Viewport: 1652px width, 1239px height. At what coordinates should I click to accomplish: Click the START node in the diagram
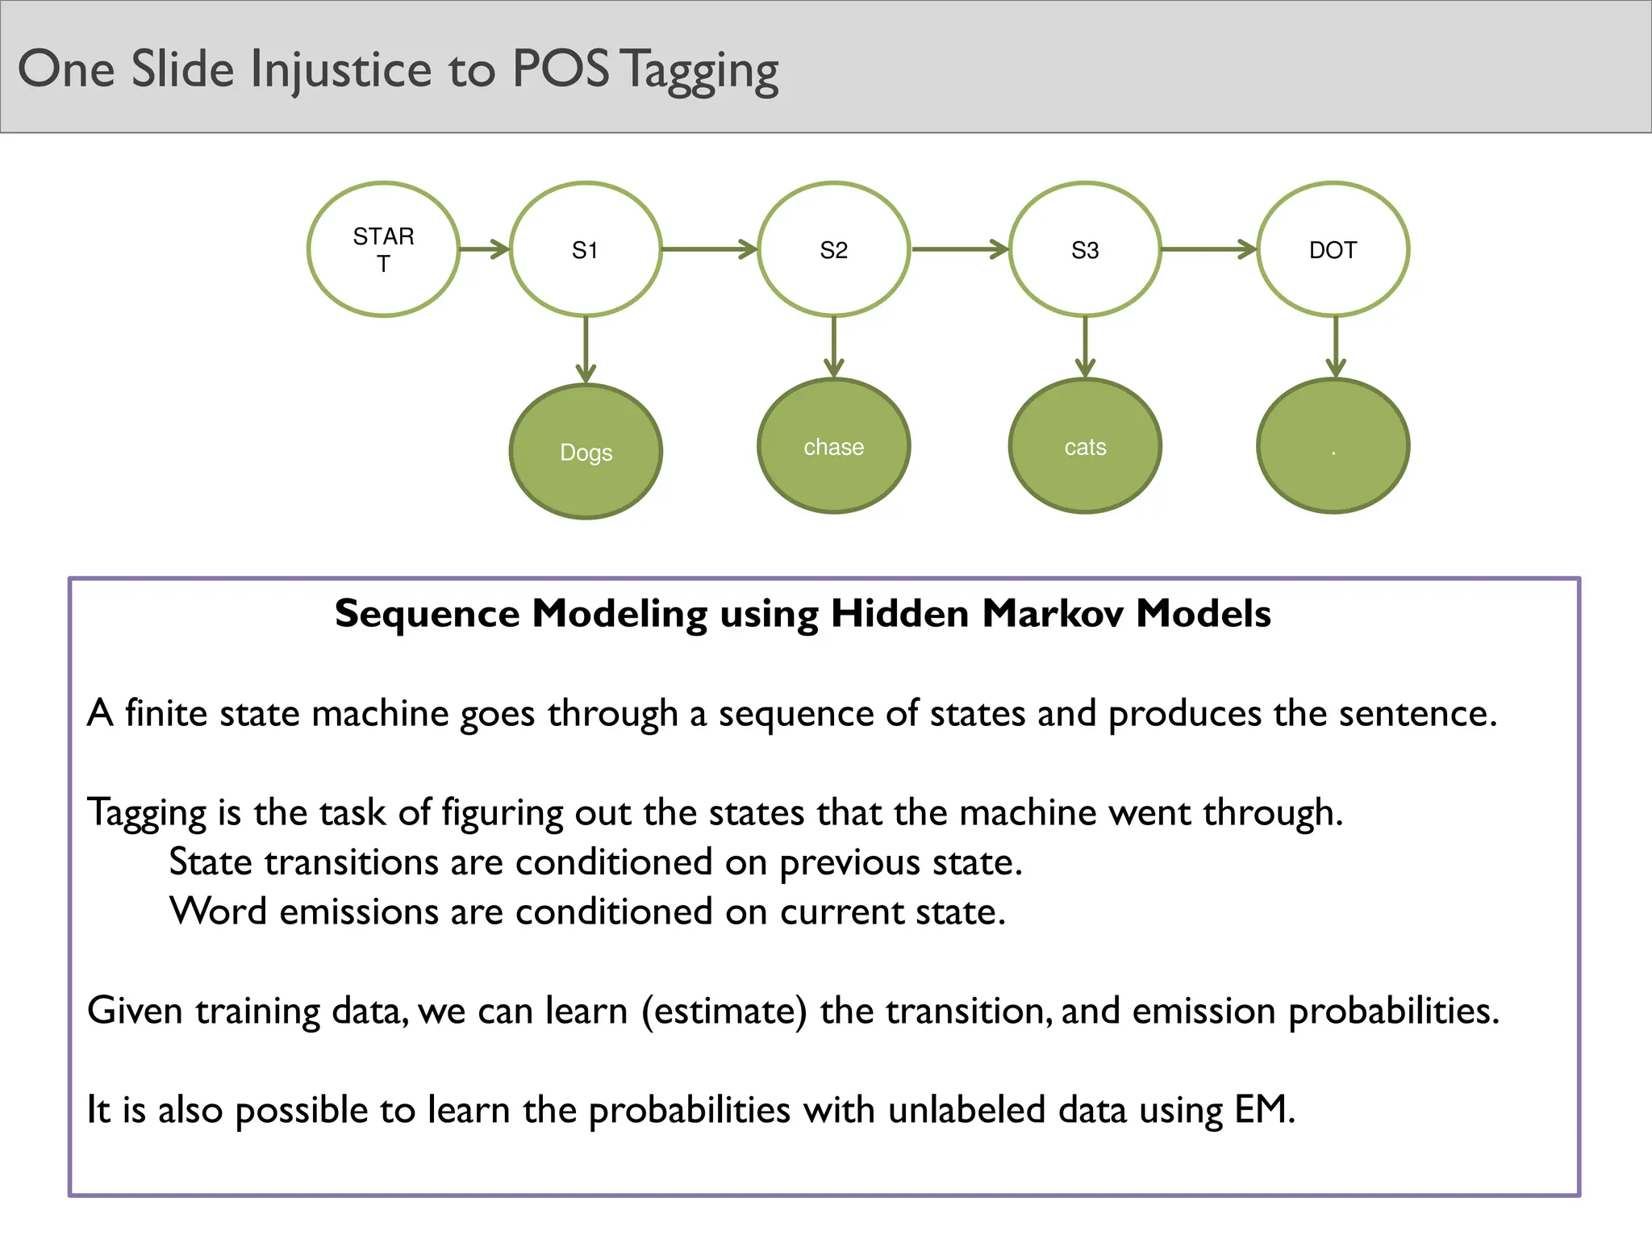click(383, 250)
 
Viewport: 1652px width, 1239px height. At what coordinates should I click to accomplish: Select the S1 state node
click(586, 250)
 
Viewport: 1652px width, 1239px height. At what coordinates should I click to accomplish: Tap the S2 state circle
click(834, 250)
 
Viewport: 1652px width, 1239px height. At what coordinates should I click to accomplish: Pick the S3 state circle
click(1085, 250)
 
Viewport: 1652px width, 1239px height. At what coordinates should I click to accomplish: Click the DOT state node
click(1333, 250)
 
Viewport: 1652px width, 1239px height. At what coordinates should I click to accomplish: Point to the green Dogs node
click(586, 452)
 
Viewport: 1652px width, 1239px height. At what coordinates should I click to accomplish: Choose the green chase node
click(834, 446)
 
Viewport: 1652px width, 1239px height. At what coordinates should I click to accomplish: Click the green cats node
click(1085, 446)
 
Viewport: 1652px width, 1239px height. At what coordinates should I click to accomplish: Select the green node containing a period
click(1333, 446)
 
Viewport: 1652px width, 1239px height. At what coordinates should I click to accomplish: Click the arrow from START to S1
click(484, 249)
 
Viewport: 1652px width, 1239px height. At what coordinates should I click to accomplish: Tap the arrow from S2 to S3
click(959, 249)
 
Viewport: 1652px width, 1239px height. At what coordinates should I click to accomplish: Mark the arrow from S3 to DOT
click(1208, 249)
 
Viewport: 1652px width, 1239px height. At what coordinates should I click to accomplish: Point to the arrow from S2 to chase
click(834, 346)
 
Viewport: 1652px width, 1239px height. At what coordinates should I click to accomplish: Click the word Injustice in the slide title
click(341, 69)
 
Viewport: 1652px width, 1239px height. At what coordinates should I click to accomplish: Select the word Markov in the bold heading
click(1053, 614)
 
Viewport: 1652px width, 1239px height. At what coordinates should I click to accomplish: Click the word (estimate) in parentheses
click(724, 1011)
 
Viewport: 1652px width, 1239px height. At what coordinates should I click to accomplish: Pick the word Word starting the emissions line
click(218, 912)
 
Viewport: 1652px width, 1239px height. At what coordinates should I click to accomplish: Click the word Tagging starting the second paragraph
click(147, 813)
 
